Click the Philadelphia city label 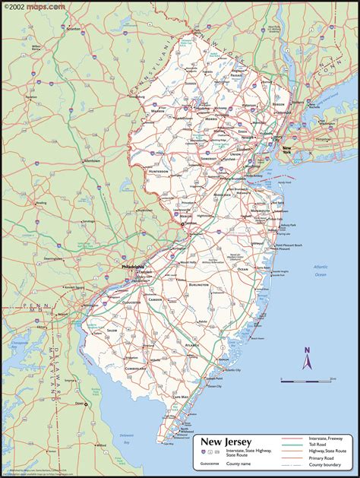134,267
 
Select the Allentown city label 71,161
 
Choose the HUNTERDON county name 158,172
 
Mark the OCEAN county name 242,269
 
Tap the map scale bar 306,378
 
